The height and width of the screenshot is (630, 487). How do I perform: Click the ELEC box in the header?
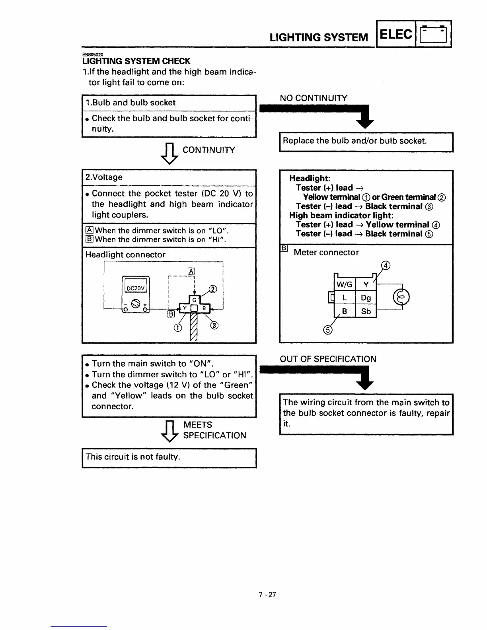tap(395, 35)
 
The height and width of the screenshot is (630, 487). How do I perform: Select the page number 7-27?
tap(267, 595)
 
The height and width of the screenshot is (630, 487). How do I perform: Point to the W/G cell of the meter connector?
tap(344, 284)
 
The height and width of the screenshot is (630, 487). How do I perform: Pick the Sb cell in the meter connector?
tap(366, 311)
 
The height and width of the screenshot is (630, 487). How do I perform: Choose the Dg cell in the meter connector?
tap(366, 297)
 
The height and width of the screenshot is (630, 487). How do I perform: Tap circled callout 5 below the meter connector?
tap(327, 330)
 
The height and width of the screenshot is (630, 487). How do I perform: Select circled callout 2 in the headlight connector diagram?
tap(213, 289)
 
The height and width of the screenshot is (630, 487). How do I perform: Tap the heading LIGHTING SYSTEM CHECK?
tap(136, 61)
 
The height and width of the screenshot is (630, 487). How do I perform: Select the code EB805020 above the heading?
tap(93, 54)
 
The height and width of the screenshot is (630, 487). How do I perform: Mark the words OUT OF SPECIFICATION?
tap(328, 359)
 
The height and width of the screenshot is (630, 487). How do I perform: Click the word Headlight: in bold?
tap(310, 178)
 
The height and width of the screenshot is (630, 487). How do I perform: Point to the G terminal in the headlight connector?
tap(195, 299)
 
